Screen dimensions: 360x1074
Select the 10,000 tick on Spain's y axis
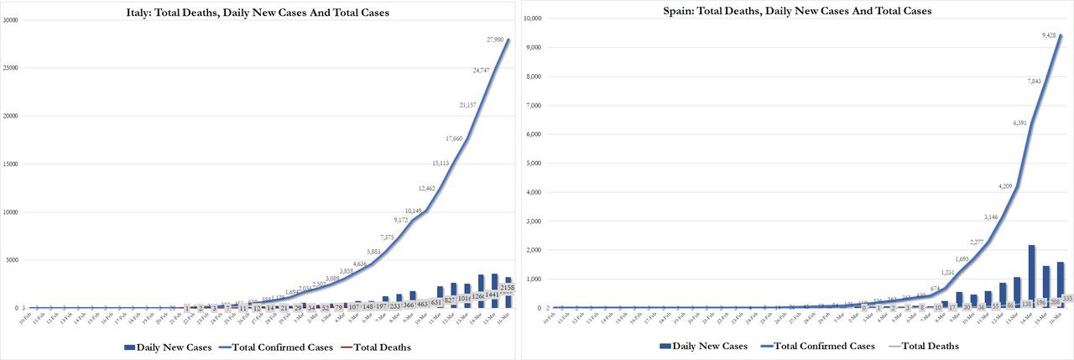[x=534, y=18]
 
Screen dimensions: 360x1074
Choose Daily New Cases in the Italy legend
[x=163, y=346]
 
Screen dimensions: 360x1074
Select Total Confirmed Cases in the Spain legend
[x=818, y=346]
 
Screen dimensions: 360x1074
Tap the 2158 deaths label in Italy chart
[x=508, y=288]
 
